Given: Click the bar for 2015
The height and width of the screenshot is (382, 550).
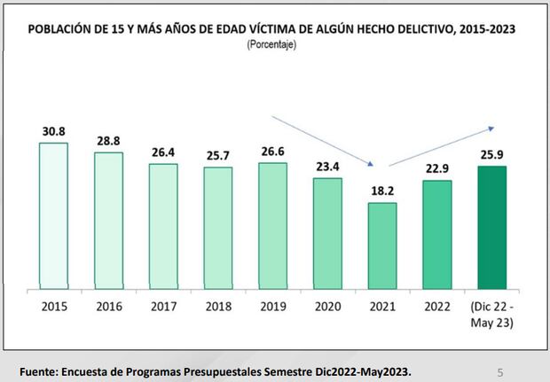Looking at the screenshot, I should pos(53,214).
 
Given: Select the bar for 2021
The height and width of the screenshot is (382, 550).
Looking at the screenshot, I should pos(381,245).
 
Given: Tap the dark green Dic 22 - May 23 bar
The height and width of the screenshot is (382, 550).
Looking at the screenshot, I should pos(491,227).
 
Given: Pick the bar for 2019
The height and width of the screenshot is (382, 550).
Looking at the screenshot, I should pos(272,225).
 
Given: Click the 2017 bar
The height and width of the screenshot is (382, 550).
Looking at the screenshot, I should pos(163,226).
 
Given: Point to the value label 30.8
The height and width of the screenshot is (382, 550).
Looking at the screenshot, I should pos(54,131).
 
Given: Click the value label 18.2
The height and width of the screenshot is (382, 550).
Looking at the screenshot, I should pos(381,191).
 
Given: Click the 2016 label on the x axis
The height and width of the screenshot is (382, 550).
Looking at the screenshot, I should pos(108,308).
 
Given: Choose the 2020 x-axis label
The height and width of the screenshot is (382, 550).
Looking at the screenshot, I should pos(327,308).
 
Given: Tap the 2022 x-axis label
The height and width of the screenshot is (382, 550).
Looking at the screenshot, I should pos(436,308).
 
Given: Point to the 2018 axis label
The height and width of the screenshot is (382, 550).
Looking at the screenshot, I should pos(218,308).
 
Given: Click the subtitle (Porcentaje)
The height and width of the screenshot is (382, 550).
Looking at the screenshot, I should pos(271,44).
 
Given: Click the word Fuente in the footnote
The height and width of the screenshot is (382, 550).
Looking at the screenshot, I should pos(39,370).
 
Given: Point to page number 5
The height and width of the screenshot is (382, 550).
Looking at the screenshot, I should pos(499,371).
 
